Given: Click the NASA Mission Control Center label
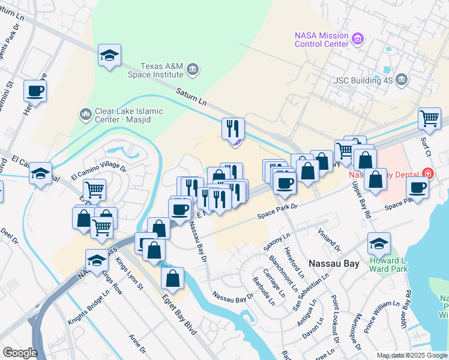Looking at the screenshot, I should (321, 40).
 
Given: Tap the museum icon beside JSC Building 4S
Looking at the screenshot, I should (402, 79).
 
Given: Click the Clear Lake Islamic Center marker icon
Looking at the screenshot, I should (85, 113).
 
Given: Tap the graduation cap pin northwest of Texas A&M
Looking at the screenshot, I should (110, 56).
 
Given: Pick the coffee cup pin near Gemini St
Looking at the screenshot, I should (35, 91).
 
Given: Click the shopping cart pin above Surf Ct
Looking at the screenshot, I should (429, 118).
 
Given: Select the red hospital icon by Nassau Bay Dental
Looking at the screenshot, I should (427, 174).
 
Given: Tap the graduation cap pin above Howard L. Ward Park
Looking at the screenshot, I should (379, 244).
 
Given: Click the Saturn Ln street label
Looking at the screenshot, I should (191, 96).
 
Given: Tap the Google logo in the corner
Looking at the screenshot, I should (20, 353).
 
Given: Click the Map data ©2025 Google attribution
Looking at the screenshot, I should (411, 355).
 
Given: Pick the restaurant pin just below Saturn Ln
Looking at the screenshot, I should (233, 128).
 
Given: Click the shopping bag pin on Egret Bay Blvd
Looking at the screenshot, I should (172, 278).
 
